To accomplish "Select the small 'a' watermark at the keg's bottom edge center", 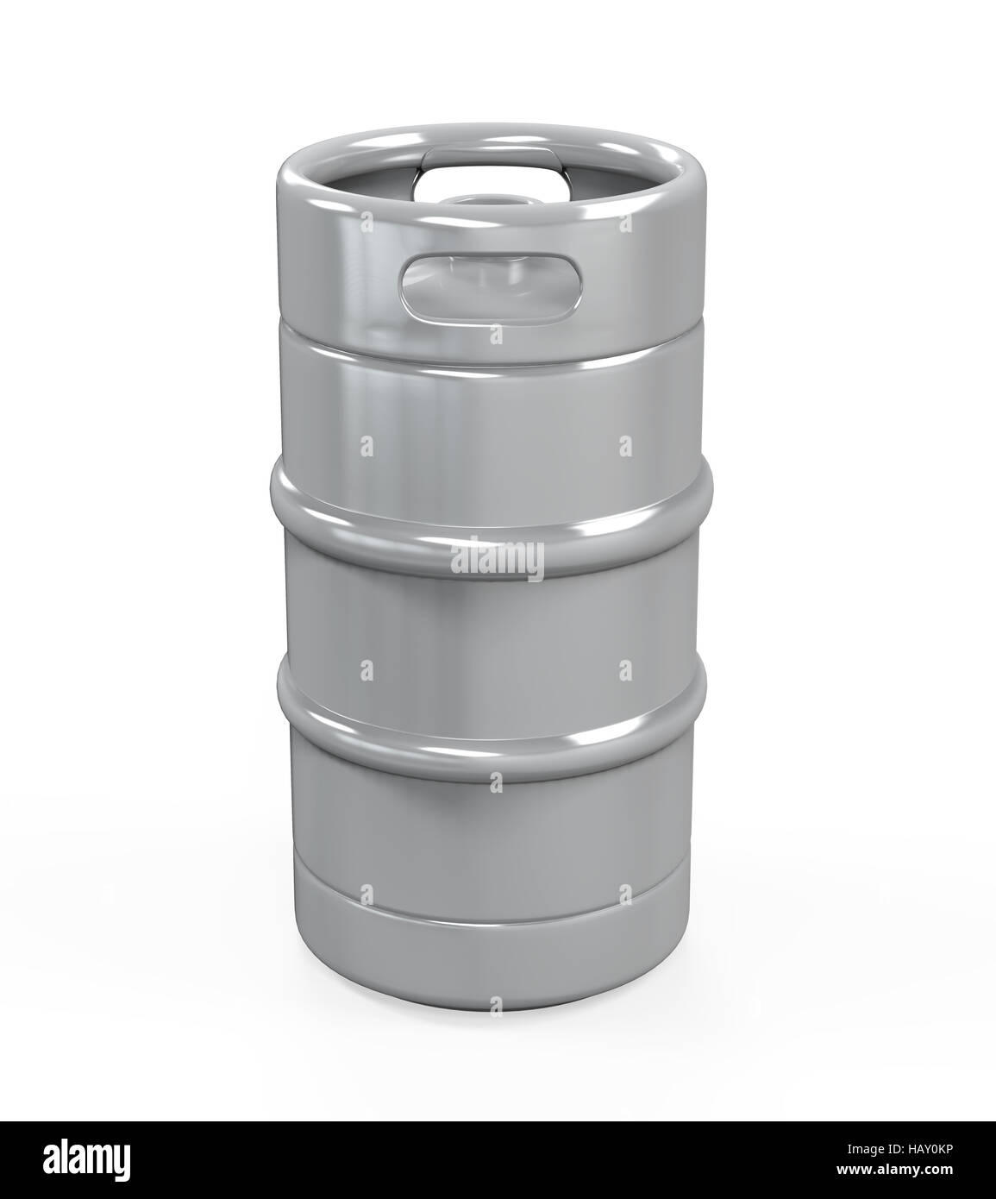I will (x=497, y=1004).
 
